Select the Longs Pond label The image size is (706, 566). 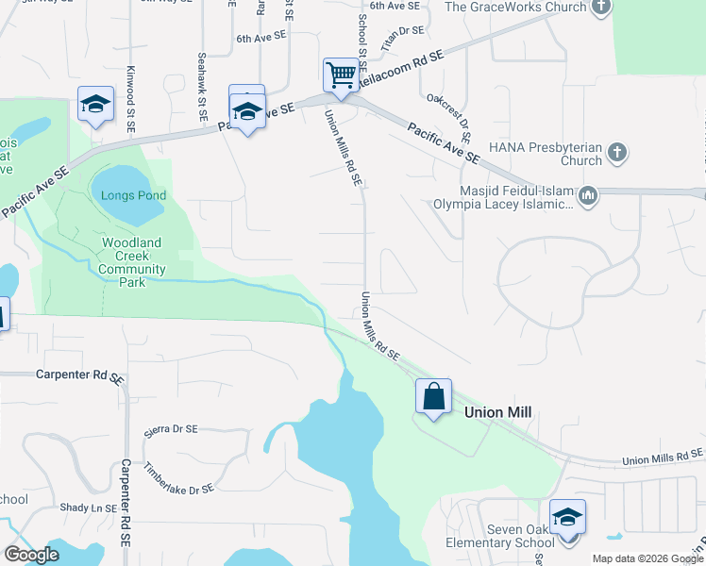134,196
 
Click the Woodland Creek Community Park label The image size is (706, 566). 131,256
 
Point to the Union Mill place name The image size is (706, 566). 497,412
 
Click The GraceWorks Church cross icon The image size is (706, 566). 601,8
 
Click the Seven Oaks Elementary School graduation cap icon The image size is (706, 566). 567,517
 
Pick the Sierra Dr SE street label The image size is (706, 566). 171,429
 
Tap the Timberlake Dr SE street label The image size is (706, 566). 178,477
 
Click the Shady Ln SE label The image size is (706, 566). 86,508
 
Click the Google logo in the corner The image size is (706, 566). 31,555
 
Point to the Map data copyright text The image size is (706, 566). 647,558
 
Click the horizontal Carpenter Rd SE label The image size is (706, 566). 80,375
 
